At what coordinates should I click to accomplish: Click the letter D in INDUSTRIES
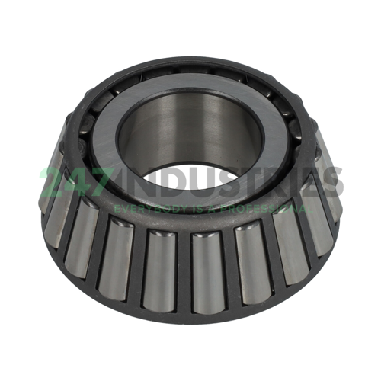(168, 184)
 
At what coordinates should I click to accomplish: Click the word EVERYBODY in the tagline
(144, 207)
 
